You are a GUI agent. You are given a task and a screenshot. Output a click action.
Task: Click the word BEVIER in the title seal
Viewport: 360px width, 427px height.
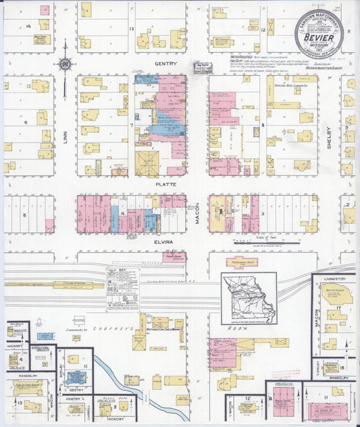click(x=319, y=37)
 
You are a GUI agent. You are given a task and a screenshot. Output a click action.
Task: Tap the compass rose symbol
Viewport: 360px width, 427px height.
click(x=65, y=65)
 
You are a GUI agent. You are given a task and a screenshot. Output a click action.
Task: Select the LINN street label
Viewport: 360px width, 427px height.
click(x=66, y=137)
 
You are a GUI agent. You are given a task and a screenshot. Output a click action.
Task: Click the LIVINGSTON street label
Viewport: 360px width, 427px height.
click(x=334, y=279)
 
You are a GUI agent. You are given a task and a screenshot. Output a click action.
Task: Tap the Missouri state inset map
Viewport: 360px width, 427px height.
click(x=249, y=295)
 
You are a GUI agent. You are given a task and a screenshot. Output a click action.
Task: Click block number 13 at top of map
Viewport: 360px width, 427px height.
click(x=132, y=29)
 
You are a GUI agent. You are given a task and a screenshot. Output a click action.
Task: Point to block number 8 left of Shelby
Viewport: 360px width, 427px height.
click(x=263, y=126)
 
